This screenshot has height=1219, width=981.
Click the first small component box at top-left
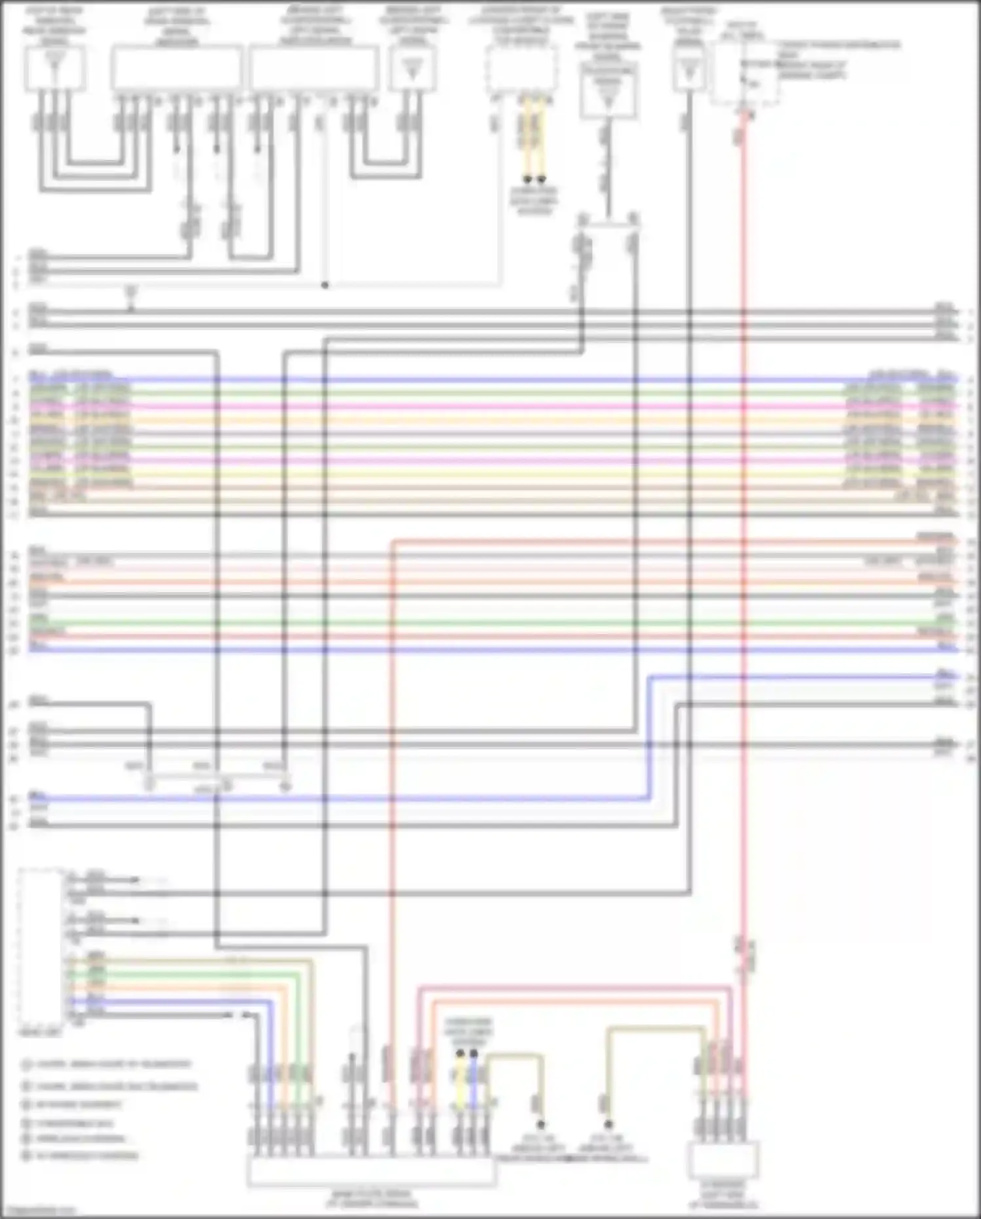54,68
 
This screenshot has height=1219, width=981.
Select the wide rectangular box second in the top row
177,68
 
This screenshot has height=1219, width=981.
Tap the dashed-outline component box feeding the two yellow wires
522,69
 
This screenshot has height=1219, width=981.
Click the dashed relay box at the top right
745,72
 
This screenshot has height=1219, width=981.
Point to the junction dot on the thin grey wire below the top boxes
325,286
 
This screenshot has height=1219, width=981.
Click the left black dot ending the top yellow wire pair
527,179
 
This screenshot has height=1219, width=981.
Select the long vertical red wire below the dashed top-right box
743,524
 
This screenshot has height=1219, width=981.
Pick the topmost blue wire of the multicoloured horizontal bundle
491,379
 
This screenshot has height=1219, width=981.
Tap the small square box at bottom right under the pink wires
723,1160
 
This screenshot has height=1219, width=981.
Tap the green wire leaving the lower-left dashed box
196,975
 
